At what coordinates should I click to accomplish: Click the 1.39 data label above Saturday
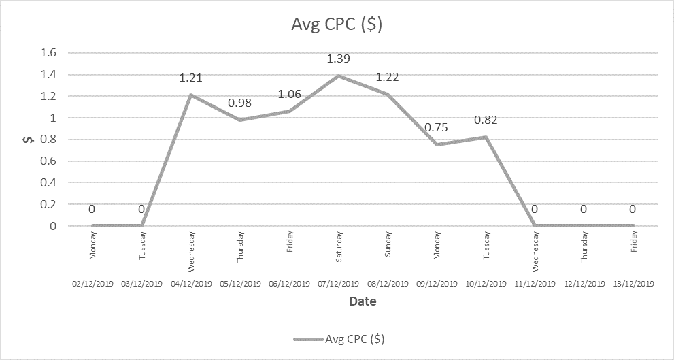coord(339,59)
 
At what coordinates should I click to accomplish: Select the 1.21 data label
coord(191,78)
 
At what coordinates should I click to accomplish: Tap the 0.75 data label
coord(437,128)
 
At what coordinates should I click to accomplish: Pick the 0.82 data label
coord(486,120)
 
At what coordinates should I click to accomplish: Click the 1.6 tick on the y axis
coord(49,52)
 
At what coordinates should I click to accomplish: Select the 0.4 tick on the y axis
coord(49,182)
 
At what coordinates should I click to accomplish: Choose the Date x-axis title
coord(363,301)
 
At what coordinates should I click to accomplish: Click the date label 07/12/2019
coord(339,284)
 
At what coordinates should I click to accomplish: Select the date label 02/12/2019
coord(92,284)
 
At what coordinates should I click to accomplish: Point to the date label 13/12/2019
coord(633,284)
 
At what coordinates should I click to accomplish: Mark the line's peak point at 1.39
coord(339,76)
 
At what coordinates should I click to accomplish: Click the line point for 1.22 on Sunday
coord(388,94)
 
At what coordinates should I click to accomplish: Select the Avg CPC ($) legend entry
coord(343,338)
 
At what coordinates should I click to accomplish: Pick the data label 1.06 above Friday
coord(290,95)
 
